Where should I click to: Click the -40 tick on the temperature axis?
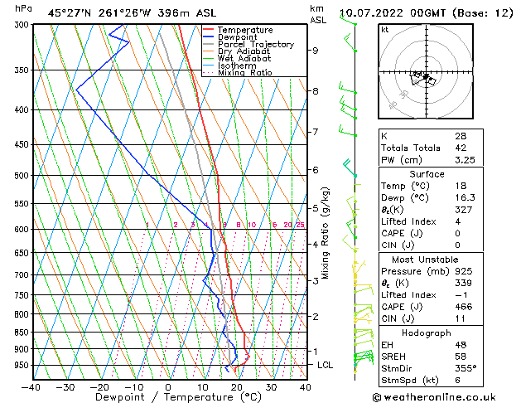pyautogui.click(x=31, y=386)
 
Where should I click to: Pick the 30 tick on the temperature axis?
pyautogui.click(x=271, y=386)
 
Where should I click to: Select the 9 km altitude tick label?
pyautogui.click(x=316, y=50)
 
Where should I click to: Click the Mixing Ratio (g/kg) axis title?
pyautogui.click(x=325, y=231)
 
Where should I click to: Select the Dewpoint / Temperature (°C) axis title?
pyautogui.click(x=168, y=398)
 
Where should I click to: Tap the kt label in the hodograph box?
pyautogui.click(x=385, y=30)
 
